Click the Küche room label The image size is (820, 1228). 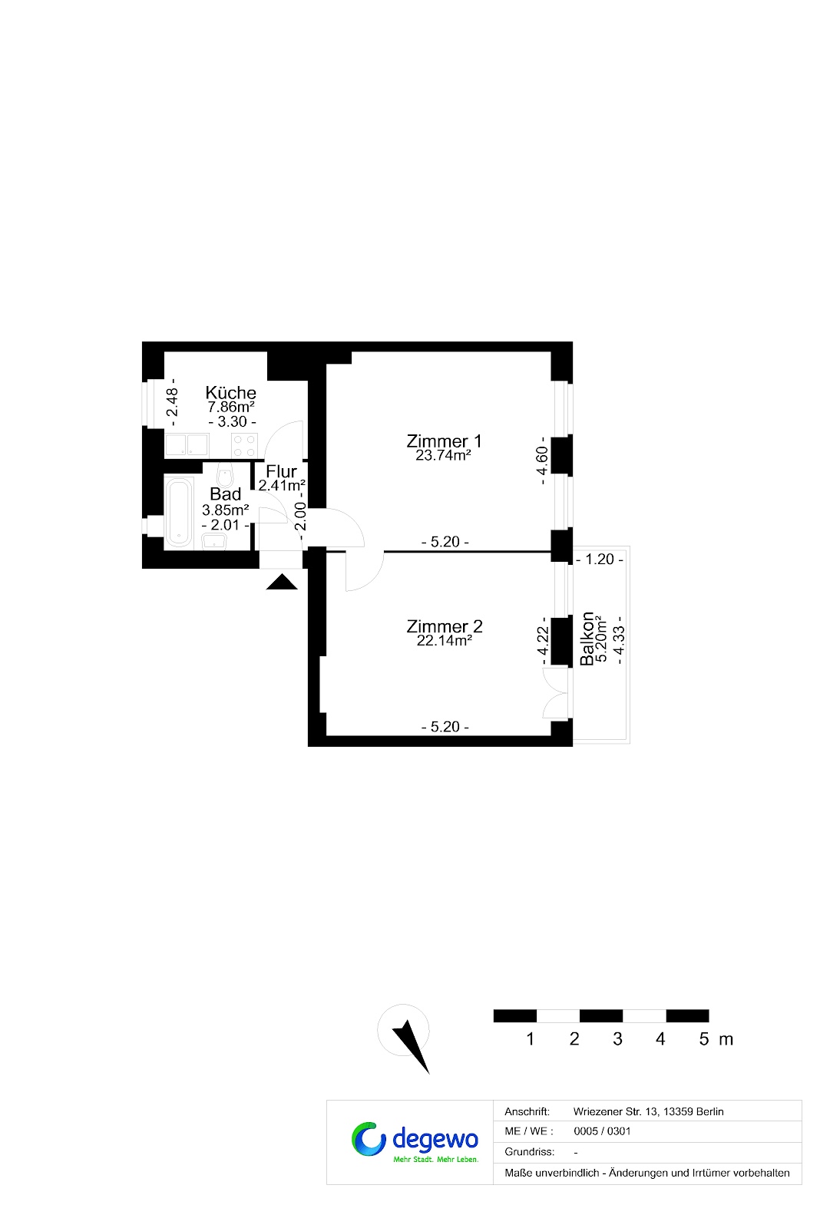[230, 392]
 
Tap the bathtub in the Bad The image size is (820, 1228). [179, 512]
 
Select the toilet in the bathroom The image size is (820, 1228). [225, 474]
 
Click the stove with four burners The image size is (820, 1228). [244, 445]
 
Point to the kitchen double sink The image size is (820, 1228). [187, 444]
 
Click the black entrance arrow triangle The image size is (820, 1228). [282, 582]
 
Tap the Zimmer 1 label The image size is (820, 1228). [444, 441]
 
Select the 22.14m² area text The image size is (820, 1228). [445, 640]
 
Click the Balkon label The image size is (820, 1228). [587, 639]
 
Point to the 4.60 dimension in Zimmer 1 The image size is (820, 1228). [542, 460]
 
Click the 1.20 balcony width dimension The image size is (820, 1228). [600, 560]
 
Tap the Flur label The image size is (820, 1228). [281, 471]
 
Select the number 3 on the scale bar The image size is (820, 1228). [617, 1039]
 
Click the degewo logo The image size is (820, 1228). [415, 1143]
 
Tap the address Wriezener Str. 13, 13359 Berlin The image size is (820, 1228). [648, 1112]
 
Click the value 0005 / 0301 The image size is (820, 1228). [602, 1131]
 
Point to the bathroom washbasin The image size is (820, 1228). [214, 541]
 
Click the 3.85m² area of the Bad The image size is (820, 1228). [226, 510]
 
